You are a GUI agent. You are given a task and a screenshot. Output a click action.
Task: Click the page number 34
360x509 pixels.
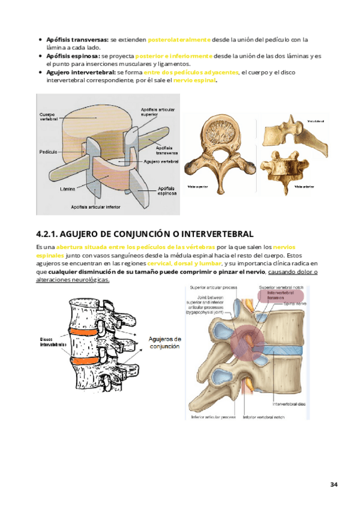[x=334, y=484]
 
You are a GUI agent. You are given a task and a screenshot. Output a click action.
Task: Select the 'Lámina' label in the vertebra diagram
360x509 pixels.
[x=67, y=188]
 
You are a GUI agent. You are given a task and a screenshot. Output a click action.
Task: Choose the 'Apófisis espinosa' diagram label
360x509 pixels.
[x=167, y=190]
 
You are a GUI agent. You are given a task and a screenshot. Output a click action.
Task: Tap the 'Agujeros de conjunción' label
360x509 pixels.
[x=164, y=342]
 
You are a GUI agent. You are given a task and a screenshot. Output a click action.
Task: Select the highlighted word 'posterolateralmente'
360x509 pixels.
[x=179, y=40]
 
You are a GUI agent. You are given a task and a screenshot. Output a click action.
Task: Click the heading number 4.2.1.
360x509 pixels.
[x=49, y=233]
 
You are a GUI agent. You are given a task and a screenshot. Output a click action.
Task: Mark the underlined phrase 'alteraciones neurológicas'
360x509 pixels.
[x=73, y=280]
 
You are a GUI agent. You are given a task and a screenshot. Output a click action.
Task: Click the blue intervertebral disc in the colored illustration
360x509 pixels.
[x=282, y=349]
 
